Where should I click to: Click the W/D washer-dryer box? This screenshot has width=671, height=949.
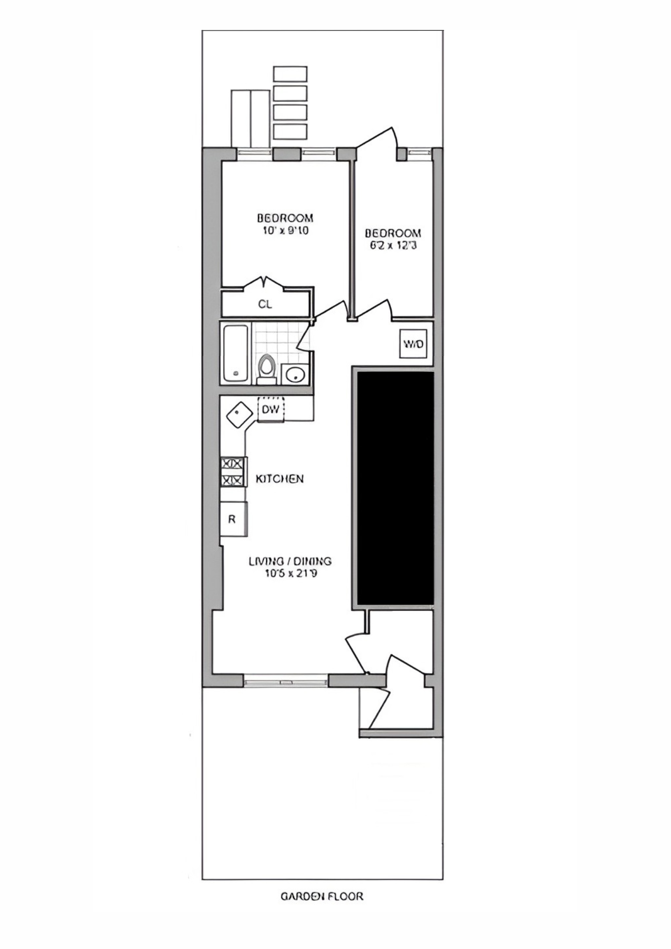[413, 344]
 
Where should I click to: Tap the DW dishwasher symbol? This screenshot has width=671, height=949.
[271, 409]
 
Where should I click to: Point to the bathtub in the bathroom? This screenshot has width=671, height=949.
[236, 353]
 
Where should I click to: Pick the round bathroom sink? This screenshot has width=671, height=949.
[295, 375]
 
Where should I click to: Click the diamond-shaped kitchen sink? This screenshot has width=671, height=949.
[239, 415]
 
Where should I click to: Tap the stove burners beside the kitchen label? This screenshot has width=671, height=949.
[233, 471]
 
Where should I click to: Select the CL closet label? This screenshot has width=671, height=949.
[265, 304]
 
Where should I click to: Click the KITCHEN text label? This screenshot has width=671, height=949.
[280, 479]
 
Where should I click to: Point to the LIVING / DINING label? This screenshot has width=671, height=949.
[290, 561]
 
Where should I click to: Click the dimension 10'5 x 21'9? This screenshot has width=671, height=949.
[290, 574]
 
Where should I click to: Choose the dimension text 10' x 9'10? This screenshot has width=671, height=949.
[285, 231]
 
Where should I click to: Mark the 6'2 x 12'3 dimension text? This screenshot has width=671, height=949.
[392, 246]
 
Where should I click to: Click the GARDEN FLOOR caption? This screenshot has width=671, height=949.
[322, 896]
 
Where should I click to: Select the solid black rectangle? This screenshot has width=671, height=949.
[395, 488]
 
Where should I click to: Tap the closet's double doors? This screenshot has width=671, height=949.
[264, 283]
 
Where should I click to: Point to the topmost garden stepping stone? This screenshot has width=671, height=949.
[290, 74]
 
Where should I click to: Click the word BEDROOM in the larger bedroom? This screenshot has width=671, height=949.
[285, 218]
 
